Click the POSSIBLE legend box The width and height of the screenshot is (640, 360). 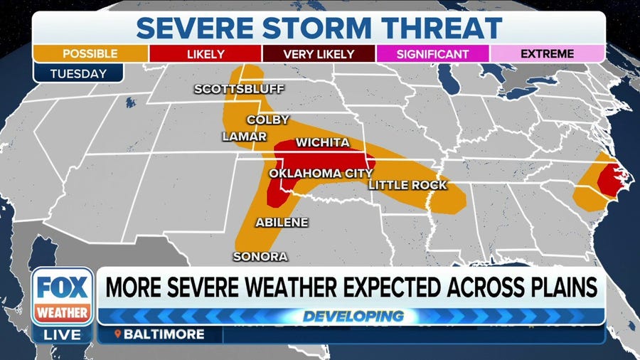[x=90, y=54]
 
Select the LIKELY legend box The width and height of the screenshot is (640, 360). [x=205, y=54]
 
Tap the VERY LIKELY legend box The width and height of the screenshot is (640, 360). [x=319, y=54]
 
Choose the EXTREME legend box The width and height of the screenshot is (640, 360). [x=548, y=54]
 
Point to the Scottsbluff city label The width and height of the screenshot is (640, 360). [x=239, y=89]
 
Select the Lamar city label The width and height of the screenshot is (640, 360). [x=244, y=136]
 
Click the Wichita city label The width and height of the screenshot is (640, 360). [x=322, y=142]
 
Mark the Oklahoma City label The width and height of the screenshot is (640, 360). [x=320, y=173]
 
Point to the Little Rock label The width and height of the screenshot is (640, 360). [x=407, y=185]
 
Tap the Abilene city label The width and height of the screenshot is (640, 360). [x=282, y=222]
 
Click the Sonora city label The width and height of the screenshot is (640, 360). [x=260, y=256]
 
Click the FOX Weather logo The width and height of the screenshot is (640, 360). [x=62, y=295]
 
